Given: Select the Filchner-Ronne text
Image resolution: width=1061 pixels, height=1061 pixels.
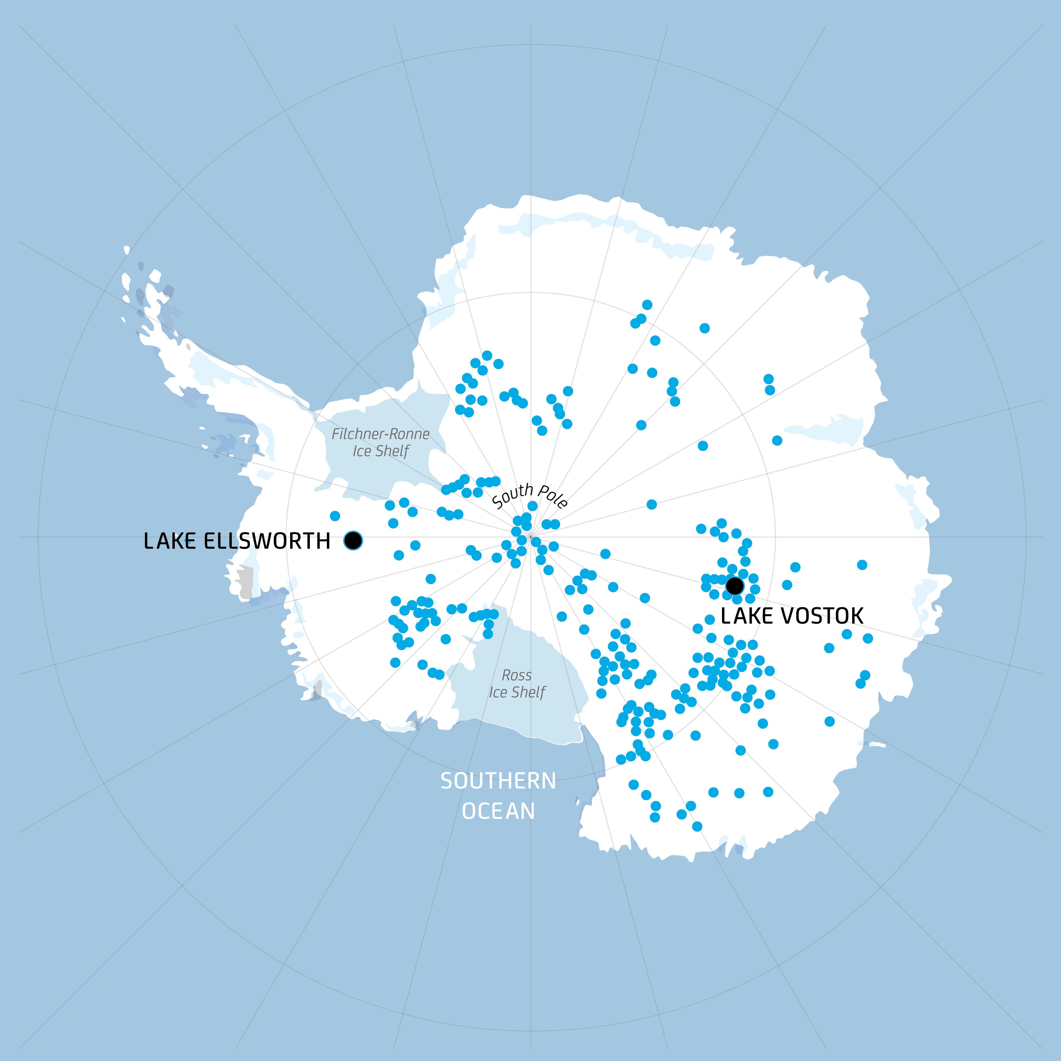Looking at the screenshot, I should point(381,434).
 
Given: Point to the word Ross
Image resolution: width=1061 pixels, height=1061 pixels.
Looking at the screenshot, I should point(517,675).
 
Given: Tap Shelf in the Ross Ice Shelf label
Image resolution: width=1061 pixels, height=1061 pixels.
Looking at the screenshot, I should point(529,692).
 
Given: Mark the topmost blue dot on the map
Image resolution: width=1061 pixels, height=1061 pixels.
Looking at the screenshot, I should point(647,305).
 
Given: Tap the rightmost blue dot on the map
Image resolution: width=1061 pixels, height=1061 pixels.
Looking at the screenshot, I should point(868,638).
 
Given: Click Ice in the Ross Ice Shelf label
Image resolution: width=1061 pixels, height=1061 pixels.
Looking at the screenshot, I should point(498,692).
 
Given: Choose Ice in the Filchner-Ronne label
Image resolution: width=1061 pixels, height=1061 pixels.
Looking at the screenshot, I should point(362,452).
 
